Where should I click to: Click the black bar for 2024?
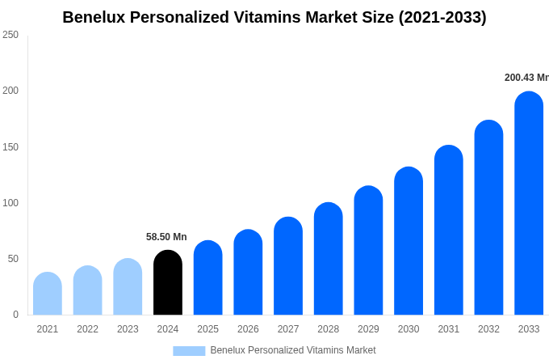pos(168,283)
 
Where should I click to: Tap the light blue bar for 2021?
pos(48,294)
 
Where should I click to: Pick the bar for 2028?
pos(329,259)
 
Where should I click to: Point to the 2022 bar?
pos(87,291)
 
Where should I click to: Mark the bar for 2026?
pos(248,273)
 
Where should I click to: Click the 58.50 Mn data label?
pos(166,237)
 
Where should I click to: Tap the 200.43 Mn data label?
pos(526,78)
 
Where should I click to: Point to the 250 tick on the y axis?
pos(10,35)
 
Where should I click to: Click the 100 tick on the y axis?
pos(10,203)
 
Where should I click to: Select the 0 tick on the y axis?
pos(15,315)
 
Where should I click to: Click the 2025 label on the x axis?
pos(207,329)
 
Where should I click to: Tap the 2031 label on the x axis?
pos(449,329)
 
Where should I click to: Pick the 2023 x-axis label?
pos(128,329)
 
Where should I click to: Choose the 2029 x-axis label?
pos(368,329)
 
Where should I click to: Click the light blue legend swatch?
pos(189,351)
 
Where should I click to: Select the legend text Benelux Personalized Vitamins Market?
pos(293,350)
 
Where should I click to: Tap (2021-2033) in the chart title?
pos(442,17)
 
